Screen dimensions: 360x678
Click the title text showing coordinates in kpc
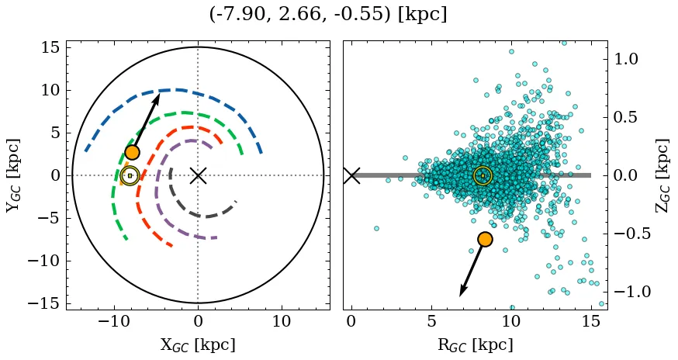[328, 15]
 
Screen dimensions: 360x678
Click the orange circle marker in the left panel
[132, 153]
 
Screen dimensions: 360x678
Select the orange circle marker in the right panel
[485, 239]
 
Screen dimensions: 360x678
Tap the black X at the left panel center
[198, 175]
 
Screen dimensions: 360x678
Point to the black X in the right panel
[351, 175]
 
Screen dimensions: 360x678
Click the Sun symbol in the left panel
[130, 176]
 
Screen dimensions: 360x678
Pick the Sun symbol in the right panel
[483, 176]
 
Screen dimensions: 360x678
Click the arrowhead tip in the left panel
[160, 94]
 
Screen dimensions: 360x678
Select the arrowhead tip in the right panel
[460, 296]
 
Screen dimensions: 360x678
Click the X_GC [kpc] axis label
[198, 344]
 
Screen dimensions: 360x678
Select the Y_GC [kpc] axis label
[13, 175]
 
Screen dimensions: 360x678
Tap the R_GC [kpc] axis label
[475, 344]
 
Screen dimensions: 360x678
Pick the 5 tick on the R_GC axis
[431, 320]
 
